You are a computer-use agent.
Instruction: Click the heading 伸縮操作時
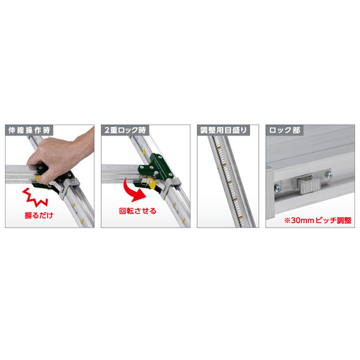click(x=29, y=130)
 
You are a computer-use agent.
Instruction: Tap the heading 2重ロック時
click(x=125, y=130)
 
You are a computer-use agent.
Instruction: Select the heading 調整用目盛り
click(x=223, y=130)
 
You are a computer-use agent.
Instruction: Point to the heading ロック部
click(x=284, y=130)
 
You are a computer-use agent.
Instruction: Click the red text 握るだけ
click(x=39, y=215)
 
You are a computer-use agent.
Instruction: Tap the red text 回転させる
click(x=138, y=211)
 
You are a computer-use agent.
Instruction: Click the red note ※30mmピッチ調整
click(x=318, y=220)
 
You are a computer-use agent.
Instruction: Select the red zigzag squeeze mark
click(x=35, y=197)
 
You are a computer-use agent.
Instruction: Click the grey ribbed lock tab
click(x=309, y=186)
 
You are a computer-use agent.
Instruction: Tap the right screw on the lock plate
click(x=329, y=175)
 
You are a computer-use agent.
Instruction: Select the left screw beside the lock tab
click(x=278, y=188)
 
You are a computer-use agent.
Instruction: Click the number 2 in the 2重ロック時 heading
click(x=107, y=130)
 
